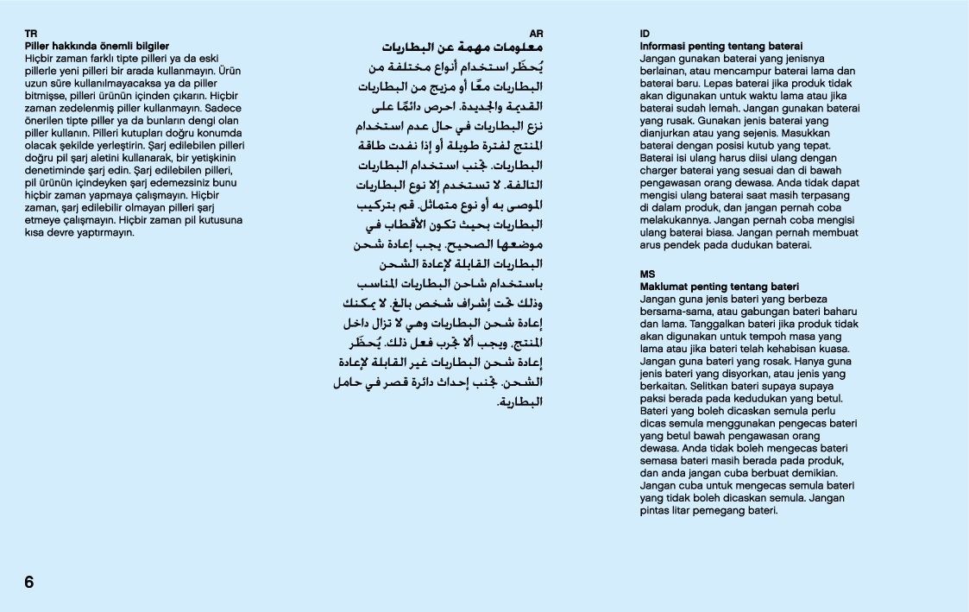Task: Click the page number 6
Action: [29, 582]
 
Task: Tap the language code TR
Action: [31, 33]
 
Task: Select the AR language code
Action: [536, 33]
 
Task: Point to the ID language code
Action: [645, 33]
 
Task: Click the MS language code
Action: [647, 274]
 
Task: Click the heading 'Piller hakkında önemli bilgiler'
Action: [97, 46]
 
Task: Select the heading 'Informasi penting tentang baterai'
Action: [721, 46]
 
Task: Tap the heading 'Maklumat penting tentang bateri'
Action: [719, 287]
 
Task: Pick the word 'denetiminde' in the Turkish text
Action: [53, 172]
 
